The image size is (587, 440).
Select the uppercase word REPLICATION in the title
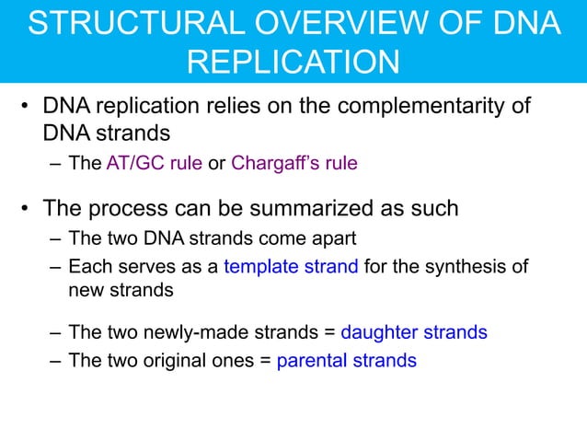[x=293, y=62]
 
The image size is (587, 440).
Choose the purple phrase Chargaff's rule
[x=293, y=165]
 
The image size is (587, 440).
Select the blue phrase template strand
[x=293, y=268]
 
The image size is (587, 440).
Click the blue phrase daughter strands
[x=413, y=332]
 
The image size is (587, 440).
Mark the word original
[x=185, y=360]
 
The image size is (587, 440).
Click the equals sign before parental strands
[x=264, y=360]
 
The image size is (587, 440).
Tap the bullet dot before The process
[x=28, y=209]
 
